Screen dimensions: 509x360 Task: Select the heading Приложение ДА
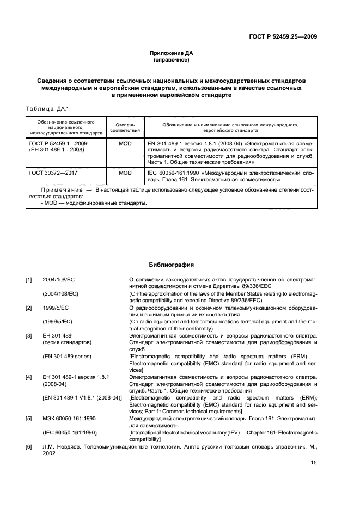point(172,53)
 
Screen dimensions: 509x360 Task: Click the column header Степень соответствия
point(125,127)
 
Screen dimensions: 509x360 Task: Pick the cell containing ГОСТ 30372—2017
point(53,173)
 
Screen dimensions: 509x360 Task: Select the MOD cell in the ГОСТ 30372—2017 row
point(125,173)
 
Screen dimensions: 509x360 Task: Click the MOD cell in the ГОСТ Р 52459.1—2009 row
point(125,143)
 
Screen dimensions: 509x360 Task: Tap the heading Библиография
point(172,265)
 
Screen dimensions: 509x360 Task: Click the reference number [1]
point(29,280)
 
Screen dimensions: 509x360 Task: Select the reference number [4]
point(29,377)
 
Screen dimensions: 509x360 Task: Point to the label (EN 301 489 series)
point(66,356)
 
